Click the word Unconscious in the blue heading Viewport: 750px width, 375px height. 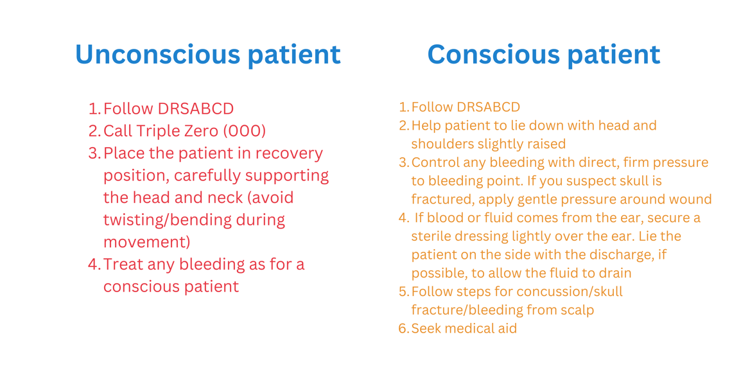click(x=158, y=54)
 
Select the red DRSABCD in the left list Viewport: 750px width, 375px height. click(x=196, y=109)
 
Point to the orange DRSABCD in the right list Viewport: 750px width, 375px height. click(x=489, y=106)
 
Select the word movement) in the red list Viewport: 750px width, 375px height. click(x=147, y=242)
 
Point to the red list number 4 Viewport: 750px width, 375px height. click(x=94, y=264)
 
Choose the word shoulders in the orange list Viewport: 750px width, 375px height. click(x=440, y=143)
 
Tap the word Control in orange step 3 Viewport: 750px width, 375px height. click(x=435, y=162)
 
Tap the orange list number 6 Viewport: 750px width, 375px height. click(x=404, y=329)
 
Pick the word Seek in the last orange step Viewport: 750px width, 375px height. click(x=426, y=329)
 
